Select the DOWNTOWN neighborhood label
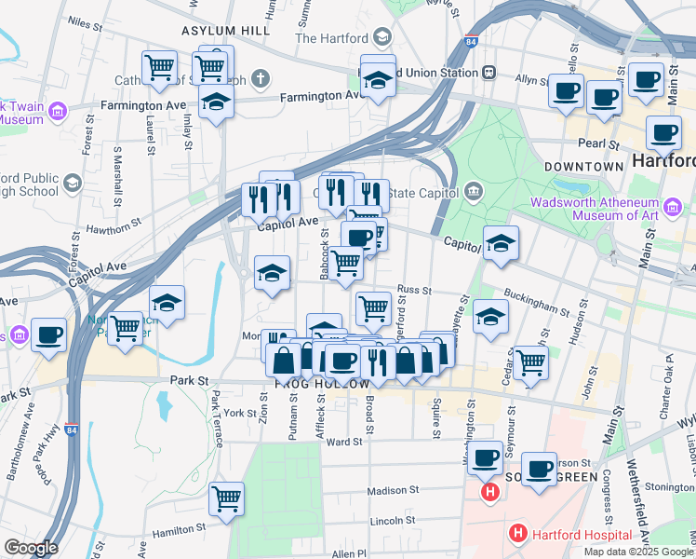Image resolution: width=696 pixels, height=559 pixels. pyautogui.click(x=583, y=167)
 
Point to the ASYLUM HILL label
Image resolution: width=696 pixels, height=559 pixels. pyautogui.click(x=226, y=31)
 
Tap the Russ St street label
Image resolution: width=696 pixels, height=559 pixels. pyautogui.click(x=414, y=290)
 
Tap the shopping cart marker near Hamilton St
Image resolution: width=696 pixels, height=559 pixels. pyautogui.click(x=226, y=500)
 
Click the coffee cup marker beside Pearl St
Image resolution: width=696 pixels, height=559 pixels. pyautogui.click(x=663, y=133)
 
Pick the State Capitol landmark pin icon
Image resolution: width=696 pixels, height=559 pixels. pyautogui.click(x=475, y=192)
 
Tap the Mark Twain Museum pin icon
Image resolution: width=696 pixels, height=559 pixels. pyautogui.click(x=58, y=113)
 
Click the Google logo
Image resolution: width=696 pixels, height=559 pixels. pyautogui.click(x=31, y=548)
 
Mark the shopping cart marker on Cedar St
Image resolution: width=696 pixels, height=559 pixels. pyautogui.click(x=529, y=362)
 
